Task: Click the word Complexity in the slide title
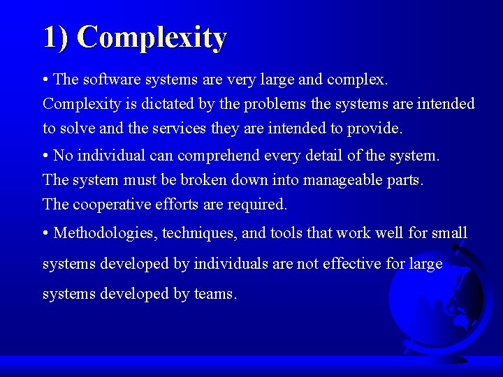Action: [x=152, y=37]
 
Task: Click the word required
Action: [x=261, y=204]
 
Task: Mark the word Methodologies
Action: [x=105, y=232]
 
